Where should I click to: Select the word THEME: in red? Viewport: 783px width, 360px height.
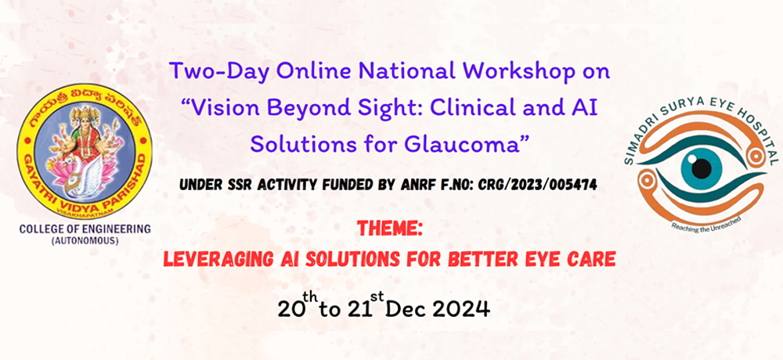391,229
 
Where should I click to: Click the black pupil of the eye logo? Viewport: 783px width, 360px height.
702,168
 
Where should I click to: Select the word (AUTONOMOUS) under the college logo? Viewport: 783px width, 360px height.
85,241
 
